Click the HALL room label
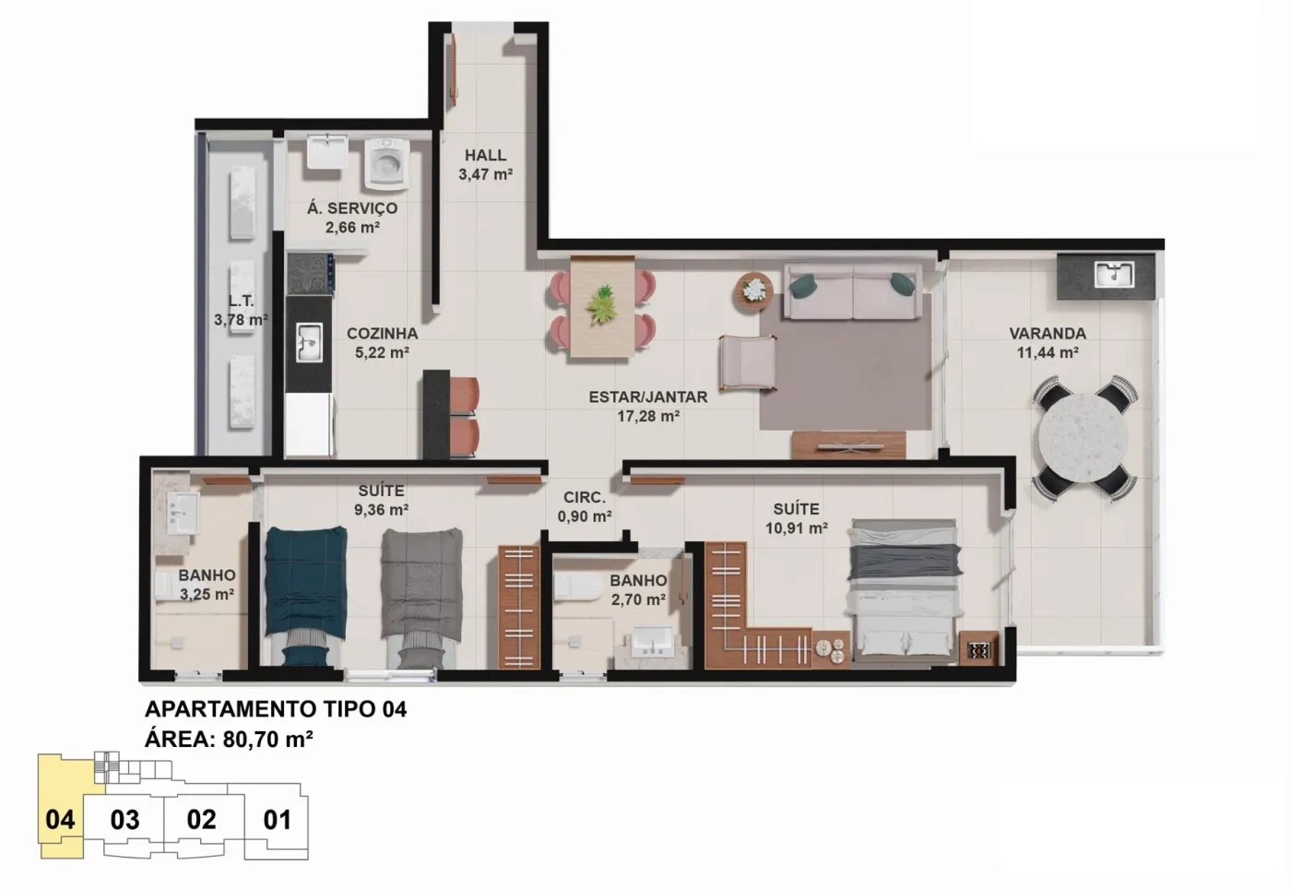pos(485,155)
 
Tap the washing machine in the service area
pos(386,163)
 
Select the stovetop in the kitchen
pos(310,274)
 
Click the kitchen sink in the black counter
pos(310,342)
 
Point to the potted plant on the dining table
pos(603,304)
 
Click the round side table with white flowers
pos(753,291)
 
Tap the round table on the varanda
pos(1084,437)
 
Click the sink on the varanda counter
pos(1115,275)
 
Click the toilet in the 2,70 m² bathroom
pos(577,587)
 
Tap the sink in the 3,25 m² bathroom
pos(184,513)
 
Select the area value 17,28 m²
pos(648,416)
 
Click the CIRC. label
pos(585,498)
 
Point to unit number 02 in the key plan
pos(201,819)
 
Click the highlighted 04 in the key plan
pos(61,819)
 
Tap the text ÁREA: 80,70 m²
pos(230,739)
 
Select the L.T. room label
pos(241,301)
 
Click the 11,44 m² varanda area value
pos(1048,351)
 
